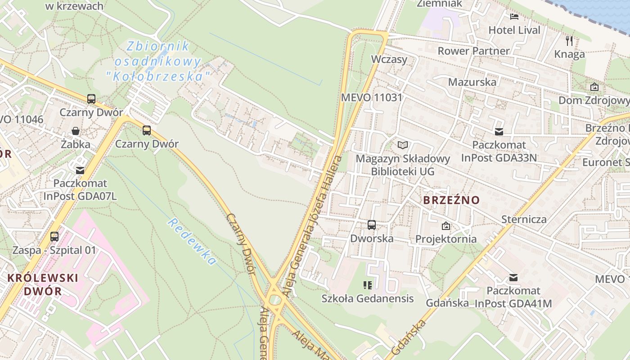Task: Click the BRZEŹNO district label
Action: [x=451, y=200]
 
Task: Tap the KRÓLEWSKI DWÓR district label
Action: [x=43, y=284]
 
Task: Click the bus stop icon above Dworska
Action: [x=372, y=225]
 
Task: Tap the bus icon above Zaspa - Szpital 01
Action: [x=54, y=236]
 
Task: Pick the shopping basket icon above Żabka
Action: [x=76, y=131]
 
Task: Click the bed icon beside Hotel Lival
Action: [x=514, y=17]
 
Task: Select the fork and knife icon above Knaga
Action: [x=569, y=41]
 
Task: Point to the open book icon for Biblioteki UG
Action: [x=403, y=145]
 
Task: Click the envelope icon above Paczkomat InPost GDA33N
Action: [x=499, y=132]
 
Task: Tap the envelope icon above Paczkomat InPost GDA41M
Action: [x=513, y=278]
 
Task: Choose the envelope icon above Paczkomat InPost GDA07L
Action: [x=80, y=170]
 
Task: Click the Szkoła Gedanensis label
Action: [x=367, y=298]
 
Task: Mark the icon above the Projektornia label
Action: [x=445, y=226]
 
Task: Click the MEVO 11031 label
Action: [x=371, y=97]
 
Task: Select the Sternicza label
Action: [x=524, y=220]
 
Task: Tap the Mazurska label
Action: [x=472, y=82]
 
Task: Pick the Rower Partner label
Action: [x=473, y=51]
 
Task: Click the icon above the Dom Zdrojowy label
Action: [x=594, y=87]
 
